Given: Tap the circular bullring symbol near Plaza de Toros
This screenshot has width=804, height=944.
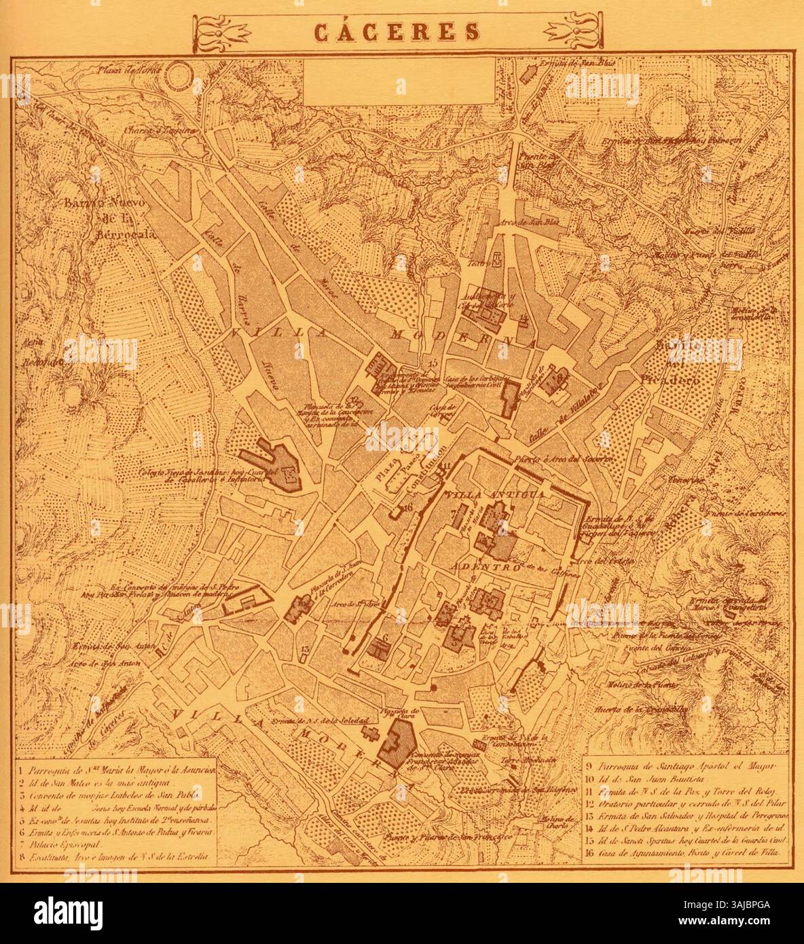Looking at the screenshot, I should click(181, 76).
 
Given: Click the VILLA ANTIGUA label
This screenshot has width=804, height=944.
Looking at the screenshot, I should click(494, 494).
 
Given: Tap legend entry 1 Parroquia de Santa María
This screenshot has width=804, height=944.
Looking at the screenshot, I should click(115, 771).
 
